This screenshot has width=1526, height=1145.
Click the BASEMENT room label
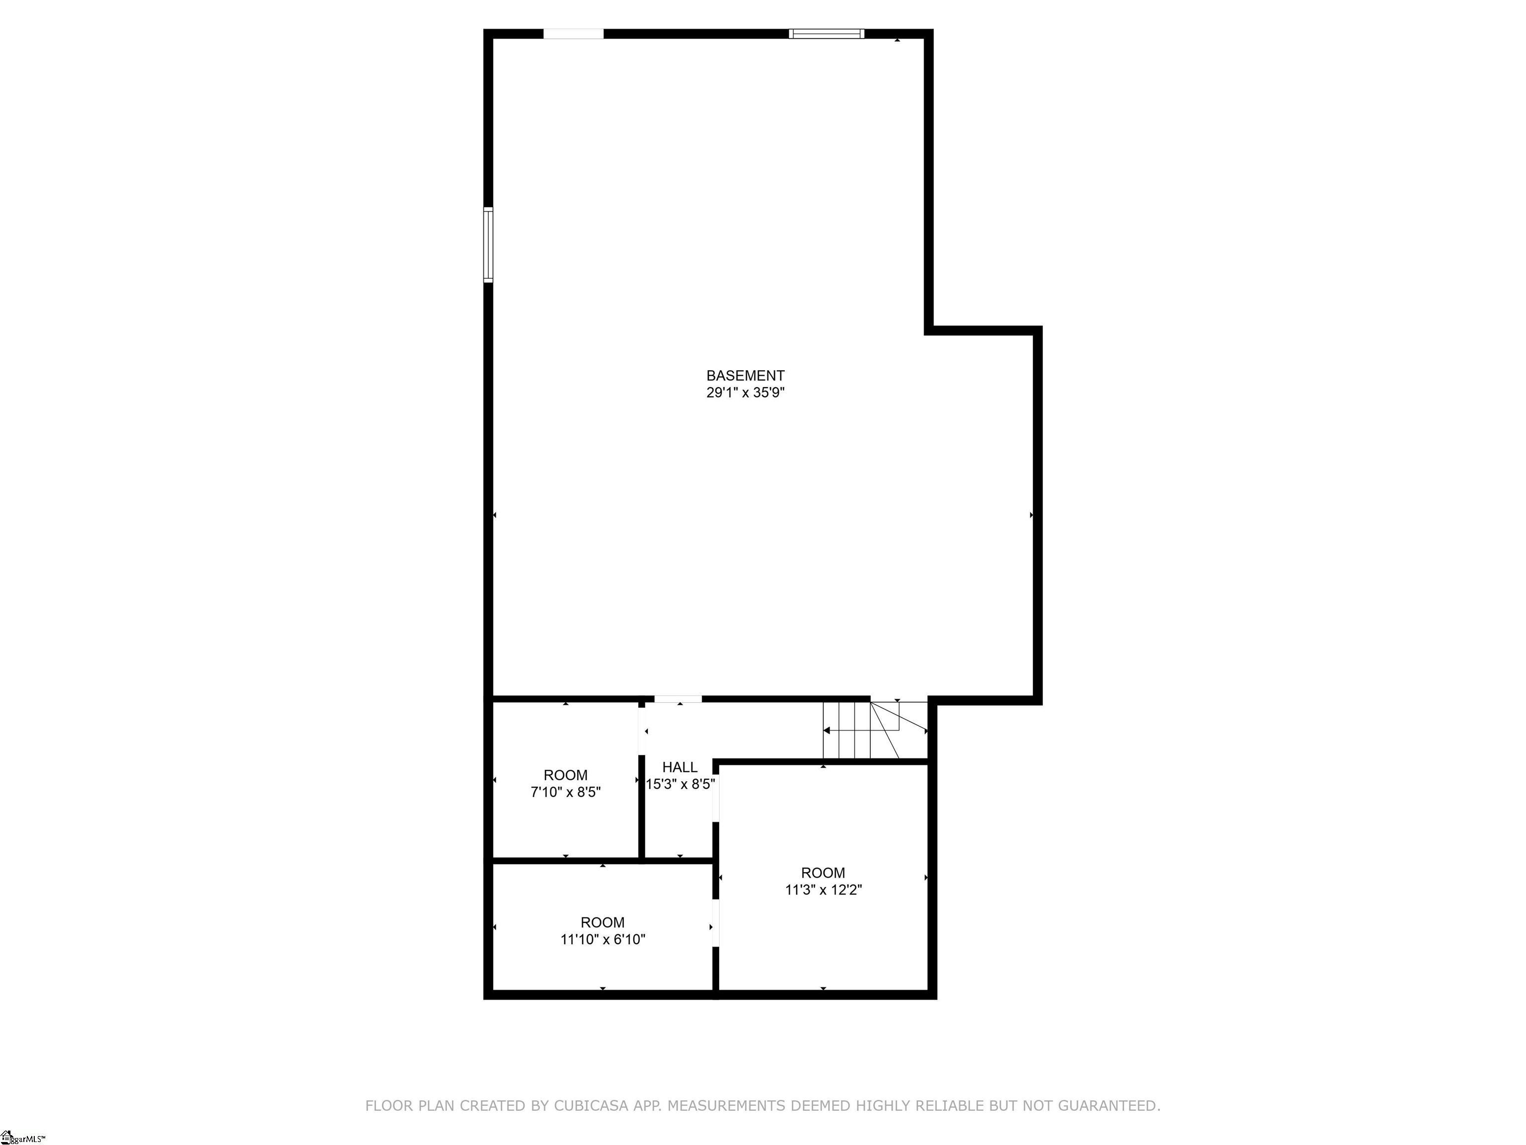pyautogui.click(x=745, y=376)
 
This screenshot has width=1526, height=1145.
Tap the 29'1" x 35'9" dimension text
pyautogui.click(x=745, y=393)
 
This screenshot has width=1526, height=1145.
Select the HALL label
pyautogui.click(x=680, y=767)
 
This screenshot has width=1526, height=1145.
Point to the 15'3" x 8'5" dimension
pyautogui.click(x=680, y=784)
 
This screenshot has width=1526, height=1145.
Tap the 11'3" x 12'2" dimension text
pyautogui.click(x=823, y=890)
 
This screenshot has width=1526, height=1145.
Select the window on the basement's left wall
pyautogui.click(x=488, y=245)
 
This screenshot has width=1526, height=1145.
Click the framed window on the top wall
pyautogui.click(x=827, y=34)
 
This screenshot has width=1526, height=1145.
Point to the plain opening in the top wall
pyautogui.click(x=573, y=34)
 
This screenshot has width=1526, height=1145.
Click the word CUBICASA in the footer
pyautogui.click(x=591, y=1106)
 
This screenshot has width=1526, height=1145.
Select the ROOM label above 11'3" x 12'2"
pyautogui.click(x=823, y=872)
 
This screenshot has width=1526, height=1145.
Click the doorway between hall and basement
pyautogui.click(x=678, y=699)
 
